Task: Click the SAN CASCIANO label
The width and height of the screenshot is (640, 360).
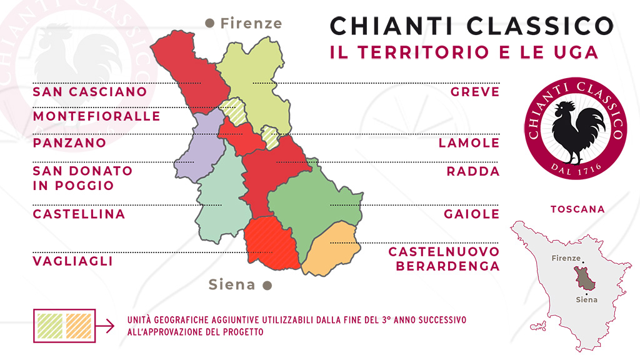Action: tap(90, 92)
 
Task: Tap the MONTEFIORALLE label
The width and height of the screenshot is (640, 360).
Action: tap(96, 117)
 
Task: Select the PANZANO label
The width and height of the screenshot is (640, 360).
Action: tap(69, 142)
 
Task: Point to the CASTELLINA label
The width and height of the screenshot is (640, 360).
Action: tap(79, 214)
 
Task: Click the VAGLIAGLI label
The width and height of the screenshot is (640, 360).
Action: tap(72, 261)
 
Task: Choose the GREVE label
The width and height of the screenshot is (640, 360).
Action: tap(475, 92)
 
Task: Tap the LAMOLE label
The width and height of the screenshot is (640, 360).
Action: tap(469, 142)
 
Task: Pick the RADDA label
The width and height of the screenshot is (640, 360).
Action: tap(473, 171)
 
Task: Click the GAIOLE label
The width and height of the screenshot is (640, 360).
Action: tap(472, 214)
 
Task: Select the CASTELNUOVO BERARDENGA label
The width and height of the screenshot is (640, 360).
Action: tap(444, 259)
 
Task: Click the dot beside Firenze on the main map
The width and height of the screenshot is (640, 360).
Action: tap(210, 23)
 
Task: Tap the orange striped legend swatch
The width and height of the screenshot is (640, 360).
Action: tap(78, 325)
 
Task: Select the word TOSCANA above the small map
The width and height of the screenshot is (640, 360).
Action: tap(577, 209)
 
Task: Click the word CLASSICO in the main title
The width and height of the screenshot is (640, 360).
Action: tap(533, 26)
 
